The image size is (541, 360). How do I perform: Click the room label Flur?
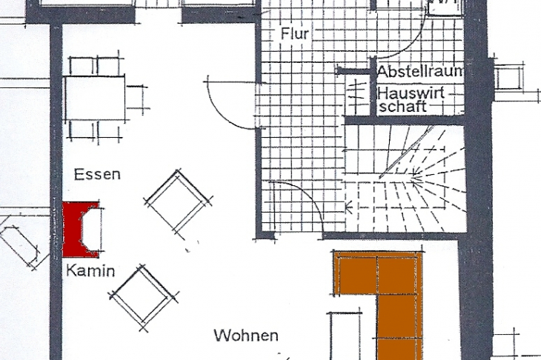(x=295, y=34)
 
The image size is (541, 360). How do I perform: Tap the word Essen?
(x=97, y=174)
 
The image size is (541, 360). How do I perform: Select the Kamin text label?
(x=90, y=270)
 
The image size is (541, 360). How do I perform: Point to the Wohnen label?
(x=246, y=335)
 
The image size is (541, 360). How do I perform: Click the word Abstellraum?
(x=420, y=71)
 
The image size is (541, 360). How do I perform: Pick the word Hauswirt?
(x=411, y=93)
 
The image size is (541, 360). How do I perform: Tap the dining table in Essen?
(x=95, y=99)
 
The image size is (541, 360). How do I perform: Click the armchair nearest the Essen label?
(x=178, y=204)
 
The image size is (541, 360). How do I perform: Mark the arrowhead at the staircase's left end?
(x=348, y=207)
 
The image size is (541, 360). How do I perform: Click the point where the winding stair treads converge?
(x=412, y=179)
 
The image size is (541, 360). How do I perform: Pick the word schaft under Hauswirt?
(x=402, y=107)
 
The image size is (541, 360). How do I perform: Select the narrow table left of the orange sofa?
(x=345, y=336)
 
